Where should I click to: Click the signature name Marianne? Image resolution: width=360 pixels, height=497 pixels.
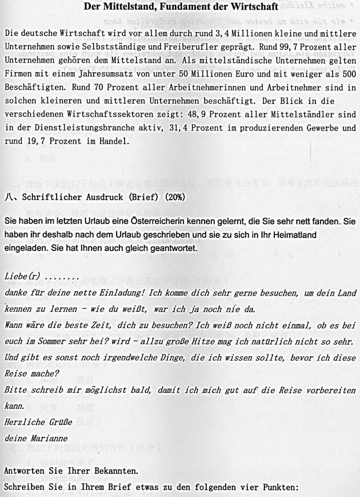pyautogui.click(x=48, y=439)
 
